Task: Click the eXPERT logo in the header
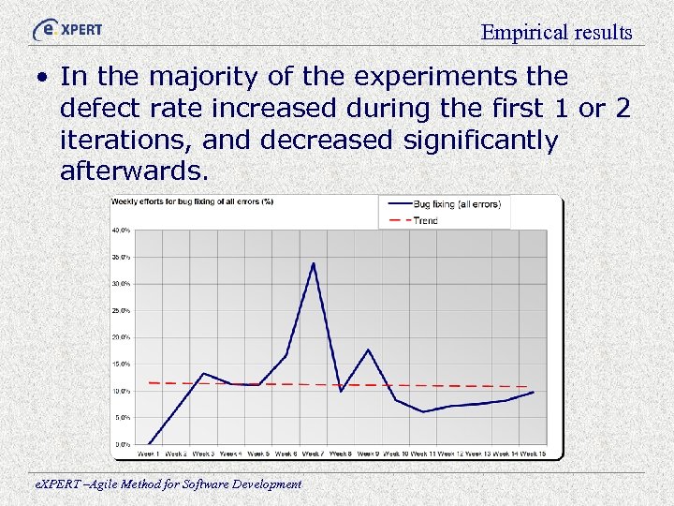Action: pos(67,28)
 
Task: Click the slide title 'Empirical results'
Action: pos(556,33)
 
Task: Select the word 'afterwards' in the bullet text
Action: pos(131,172)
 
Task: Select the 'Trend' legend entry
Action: pos(425,220)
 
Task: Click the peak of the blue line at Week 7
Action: pos(314,263)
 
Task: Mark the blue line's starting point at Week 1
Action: pos(149,443)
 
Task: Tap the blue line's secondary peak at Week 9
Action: pos(369,350)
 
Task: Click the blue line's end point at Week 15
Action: pos(534,392)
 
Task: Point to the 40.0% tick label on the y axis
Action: pos(121,230)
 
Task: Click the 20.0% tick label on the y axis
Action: pos(121,336)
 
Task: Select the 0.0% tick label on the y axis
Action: pos(123,443)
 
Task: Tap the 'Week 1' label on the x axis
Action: pos(148,454)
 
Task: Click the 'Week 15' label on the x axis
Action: pos(534,454)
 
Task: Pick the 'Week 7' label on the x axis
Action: pos(314,454)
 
